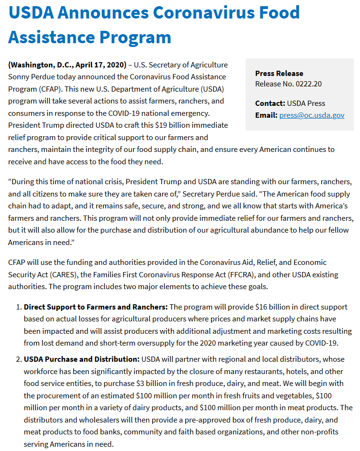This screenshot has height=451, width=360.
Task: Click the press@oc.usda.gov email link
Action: pos(312,115)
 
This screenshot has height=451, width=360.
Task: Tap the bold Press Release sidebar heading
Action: pos(279,73)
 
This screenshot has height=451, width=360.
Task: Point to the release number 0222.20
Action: pos(308,84)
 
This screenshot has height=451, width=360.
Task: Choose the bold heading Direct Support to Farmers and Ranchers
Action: pos(95,307)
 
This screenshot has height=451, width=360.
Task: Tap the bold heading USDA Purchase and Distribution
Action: pos(82,359)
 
